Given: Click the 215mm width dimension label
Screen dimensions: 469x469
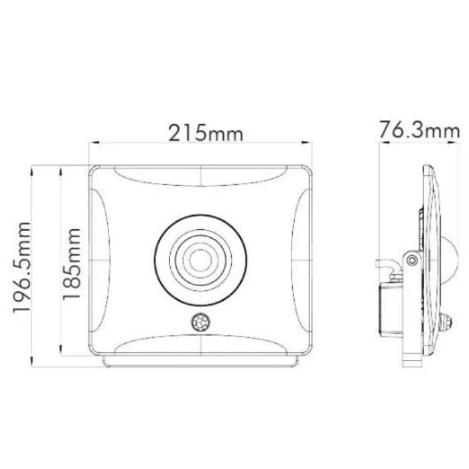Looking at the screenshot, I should point(205,132).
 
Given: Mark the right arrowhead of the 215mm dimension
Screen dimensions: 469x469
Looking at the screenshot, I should point(309,143).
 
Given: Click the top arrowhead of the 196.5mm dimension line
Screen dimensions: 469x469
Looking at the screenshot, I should point(33,167).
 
